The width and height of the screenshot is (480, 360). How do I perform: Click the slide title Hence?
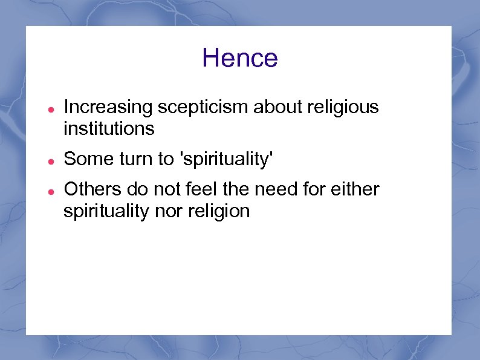click(240, 58)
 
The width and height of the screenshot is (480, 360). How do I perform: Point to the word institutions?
click(109, 129)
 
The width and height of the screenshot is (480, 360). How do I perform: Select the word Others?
click(91, 189)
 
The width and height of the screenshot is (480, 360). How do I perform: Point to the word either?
click(357, 189)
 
